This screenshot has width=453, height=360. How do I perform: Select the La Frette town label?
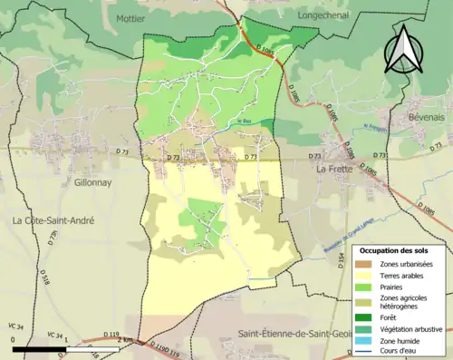click(x=334, y=169)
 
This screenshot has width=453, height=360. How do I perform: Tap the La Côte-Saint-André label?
click(x=53, y=220)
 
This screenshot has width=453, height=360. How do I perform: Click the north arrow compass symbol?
click(x=400, y=49)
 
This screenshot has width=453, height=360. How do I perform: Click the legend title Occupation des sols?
click(x=400, y=249)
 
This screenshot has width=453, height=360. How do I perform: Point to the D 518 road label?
click(x=43, y=270)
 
